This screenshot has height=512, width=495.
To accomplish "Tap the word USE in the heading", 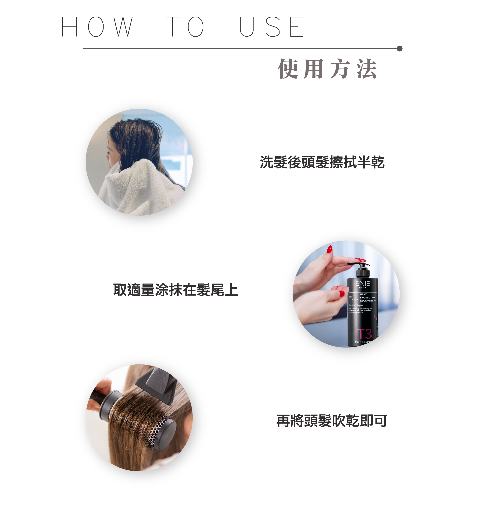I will (272, 27).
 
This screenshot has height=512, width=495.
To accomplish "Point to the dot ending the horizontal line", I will (399, 49).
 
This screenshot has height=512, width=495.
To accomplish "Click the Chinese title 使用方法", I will (327, 69).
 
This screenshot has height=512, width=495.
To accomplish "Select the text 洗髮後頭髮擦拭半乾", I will (322, 162).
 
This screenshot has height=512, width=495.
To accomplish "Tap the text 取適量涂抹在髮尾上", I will (176, 290).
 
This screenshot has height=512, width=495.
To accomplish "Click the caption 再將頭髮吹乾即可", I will (331, 421).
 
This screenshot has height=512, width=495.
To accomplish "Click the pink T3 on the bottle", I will (364, 334).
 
